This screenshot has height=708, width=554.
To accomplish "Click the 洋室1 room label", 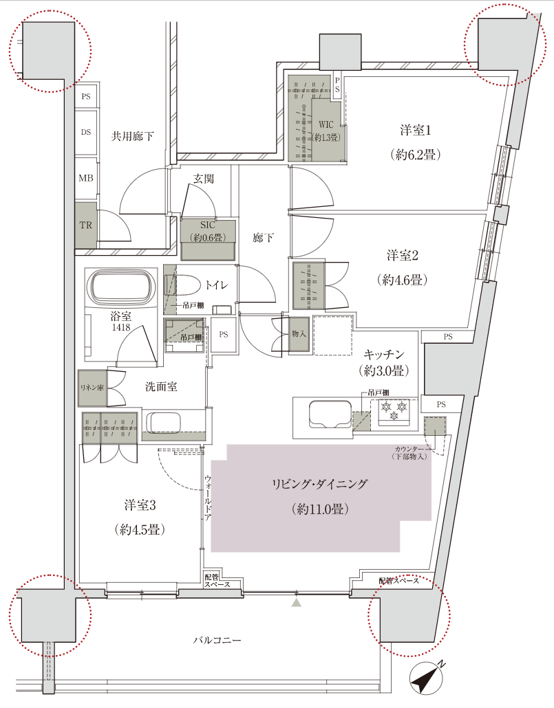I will tap(416, 130).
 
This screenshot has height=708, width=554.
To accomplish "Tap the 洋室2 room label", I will tap(403, 256).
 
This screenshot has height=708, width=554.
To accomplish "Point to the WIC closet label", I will tap(326, 124).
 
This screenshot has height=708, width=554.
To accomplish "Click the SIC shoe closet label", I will tap(208, 225).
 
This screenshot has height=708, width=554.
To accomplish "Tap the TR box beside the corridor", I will tap(86, 225).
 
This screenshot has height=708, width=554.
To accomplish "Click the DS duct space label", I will tap(86, 133).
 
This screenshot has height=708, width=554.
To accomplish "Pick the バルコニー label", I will tap(217, 640).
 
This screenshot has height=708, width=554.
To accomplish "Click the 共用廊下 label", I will tap(132, 136).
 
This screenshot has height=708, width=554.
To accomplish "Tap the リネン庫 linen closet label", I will tap(91, 388).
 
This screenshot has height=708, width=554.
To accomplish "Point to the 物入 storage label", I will tap(299, 333).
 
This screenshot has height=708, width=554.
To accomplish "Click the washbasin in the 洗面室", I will tap(164, 424).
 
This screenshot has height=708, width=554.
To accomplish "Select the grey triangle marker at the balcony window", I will tap(296, 603).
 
